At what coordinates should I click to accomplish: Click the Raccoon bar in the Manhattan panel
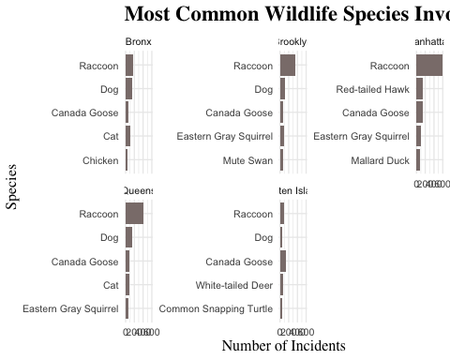429,66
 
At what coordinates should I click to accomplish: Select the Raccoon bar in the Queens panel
134,214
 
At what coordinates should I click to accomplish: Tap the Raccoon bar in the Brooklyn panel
288,66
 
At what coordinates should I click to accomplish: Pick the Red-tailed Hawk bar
420,89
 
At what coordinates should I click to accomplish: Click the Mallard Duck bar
418,160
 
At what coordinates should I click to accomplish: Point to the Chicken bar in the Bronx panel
127,160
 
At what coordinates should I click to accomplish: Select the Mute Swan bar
281,160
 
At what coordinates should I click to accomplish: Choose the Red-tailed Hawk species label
372,90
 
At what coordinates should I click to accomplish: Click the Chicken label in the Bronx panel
100,160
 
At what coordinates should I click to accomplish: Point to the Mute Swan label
247,160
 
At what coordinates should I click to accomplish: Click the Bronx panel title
138,41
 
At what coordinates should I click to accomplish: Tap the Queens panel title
139,189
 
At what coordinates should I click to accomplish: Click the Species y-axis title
12,187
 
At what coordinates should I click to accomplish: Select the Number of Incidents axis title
283,346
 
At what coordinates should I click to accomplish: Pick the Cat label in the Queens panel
110,285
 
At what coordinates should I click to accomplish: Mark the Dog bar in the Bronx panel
128,89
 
